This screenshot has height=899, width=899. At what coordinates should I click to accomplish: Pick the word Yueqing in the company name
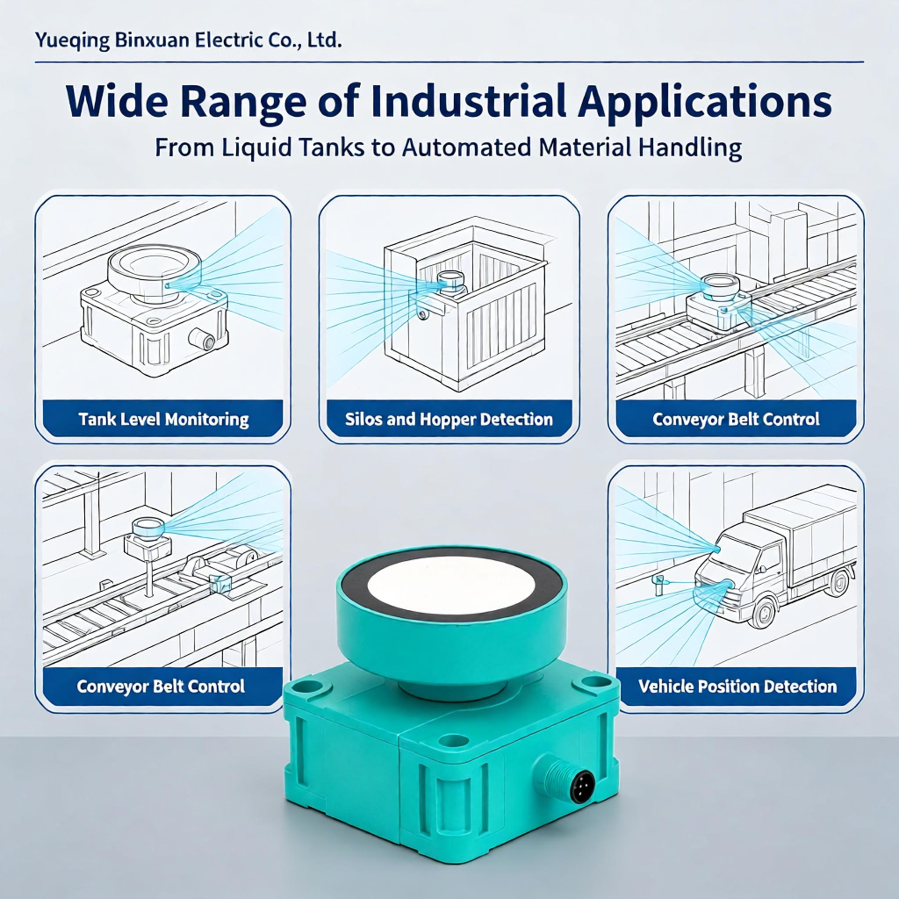point(72,41)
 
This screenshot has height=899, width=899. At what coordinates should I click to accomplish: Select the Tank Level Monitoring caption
point(163,419)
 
